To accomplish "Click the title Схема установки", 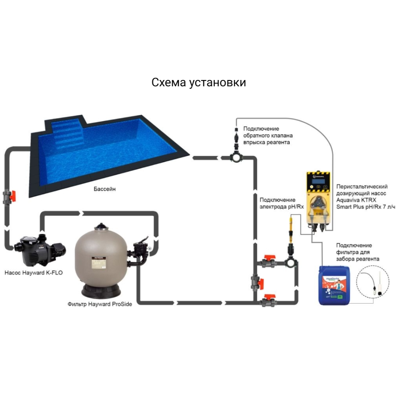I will click(199, 83).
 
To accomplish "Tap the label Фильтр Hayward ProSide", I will click(100, 304).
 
